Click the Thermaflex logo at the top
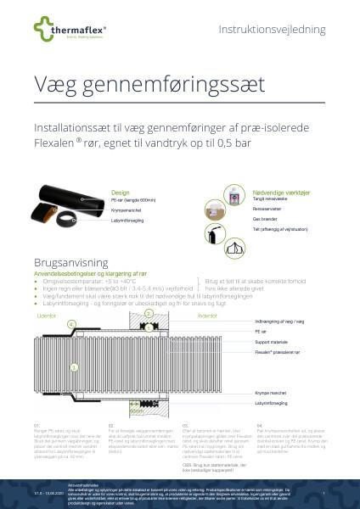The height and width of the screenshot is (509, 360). pos(65,31)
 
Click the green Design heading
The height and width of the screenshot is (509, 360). pos(120,169)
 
